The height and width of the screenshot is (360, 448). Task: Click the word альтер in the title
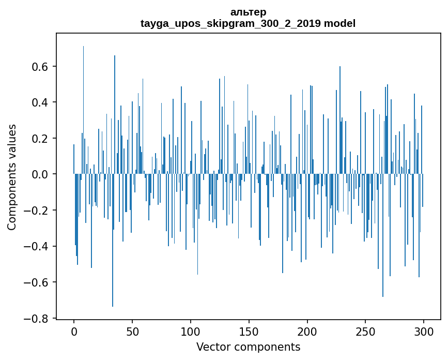248,12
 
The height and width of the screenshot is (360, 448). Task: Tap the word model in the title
339,23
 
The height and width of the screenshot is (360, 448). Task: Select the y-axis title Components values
12,177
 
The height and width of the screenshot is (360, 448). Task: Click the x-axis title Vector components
248,347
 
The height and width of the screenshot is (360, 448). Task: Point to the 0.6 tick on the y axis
42,67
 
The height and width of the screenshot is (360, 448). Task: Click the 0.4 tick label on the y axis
42,102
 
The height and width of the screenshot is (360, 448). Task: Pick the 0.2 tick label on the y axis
42,139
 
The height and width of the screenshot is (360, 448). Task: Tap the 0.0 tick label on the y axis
42,174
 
